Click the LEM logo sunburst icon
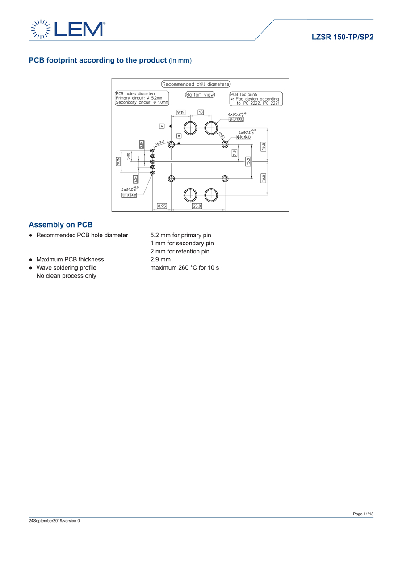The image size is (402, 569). coord(40,29)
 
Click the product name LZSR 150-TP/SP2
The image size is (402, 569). coord(342,37)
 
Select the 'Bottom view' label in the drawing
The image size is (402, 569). coord(200,95)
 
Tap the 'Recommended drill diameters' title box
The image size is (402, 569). coord(196,84)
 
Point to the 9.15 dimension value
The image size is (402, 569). coord(181,112)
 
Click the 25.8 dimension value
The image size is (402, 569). coord(197,206)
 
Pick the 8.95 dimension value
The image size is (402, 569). coord(162,206)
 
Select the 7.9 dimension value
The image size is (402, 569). coord(234,153)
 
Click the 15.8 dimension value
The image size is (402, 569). coord(248,161)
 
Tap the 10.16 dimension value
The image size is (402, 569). coord(118,161)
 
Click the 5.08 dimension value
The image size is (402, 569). coord(128,156)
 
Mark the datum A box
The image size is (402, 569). coord(162,126)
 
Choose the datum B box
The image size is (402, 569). coord(179,135)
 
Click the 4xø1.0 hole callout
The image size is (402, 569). coord(130,190)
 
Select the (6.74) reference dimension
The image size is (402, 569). coord(160,143)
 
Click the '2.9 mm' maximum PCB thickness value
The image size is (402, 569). coord(160,260)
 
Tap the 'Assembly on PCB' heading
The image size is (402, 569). coord(61,224)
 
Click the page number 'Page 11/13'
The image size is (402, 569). coord(363,514)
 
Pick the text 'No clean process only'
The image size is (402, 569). coord(66,276)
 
